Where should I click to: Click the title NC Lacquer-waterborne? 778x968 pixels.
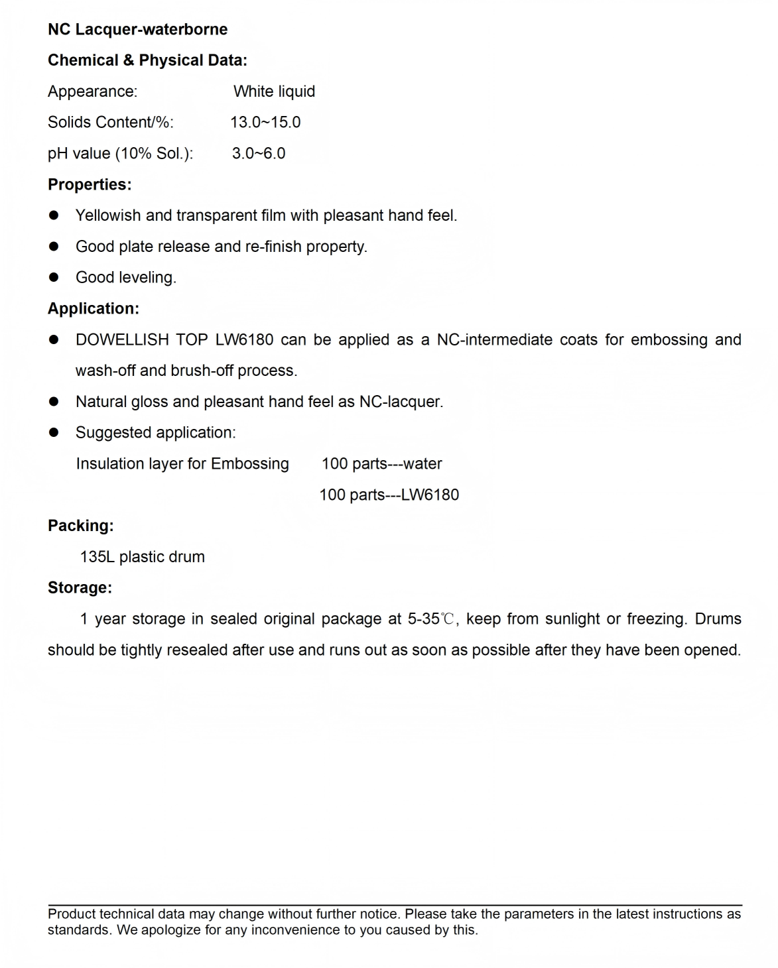point(137,30)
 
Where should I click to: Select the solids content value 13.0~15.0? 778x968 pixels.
point(265,123)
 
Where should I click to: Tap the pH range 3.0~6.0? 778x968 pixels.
point(259,154)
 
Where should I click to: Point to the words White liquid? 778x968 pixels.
point(274,91)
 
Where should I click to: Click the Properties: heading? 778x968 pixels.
point(90,185)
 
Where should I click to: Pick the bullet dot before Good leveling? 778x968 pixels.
point(54,278)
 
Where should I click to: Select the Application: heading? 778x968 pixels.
point(94,309)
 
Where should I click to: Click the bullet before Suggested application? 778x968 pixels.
point(54,433)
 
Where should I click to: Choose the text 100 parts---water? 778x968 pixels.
point(381,464)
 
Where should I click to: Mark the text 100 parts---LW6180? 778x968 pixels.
point(389,495)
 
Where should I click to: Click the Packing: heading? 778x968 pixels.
point(81,526)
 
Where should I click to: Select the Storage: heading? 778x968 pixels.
point(80,588)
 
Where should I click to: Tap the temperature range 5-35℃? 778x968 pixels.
point(431,619)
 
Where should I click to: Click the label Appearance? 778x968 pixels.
point(93,91)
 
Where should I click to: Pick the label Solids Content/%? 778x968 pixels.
point(111,123)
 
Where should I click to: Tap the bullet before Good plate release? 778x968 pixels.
point(54,247)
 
